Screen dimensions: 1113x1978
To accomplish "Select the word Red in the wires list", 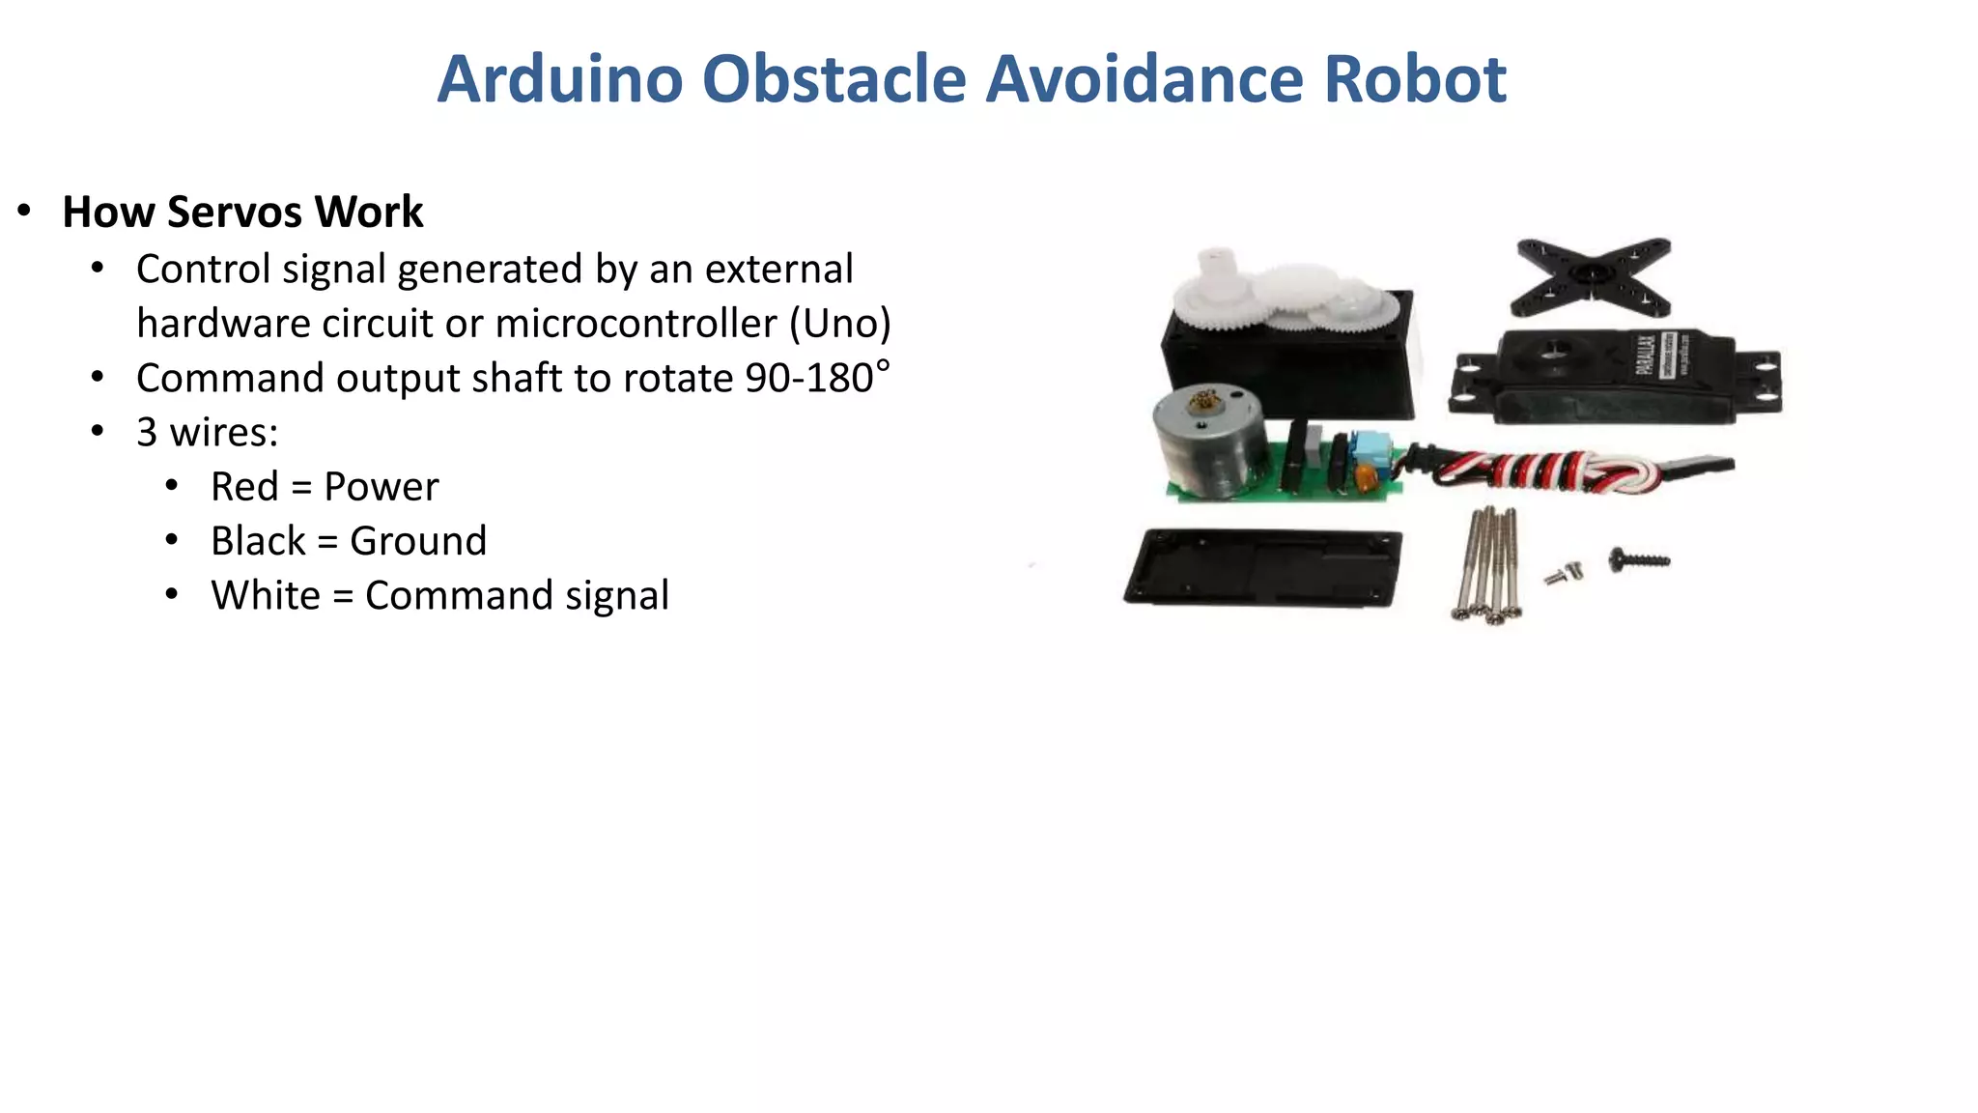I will pos(244,487).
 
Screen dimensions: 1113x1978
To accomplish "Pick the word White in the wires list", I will pos(266,595).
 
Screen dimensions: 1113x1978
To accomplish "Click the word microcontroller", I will pos(636,324).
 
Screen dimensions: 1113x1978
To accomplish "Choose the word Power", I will pos(381,487).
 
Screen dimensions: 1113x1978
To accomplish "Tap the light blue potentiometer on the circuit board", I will pos(1369,450).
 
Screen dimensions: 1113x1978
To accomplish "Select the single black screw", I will pos(1638,559).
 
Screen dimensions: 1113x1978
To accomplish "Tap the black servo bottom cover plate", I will pos(1263,568).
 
